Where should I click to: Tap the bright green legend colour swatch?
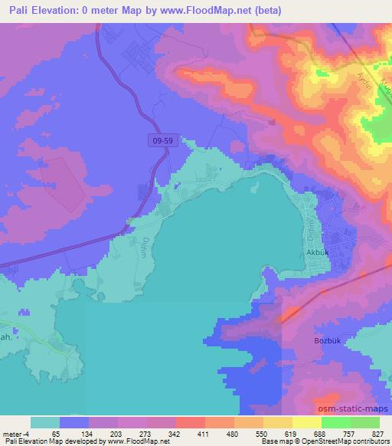point(335,422)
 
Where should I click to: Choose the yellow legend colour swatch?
point(277,422)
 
